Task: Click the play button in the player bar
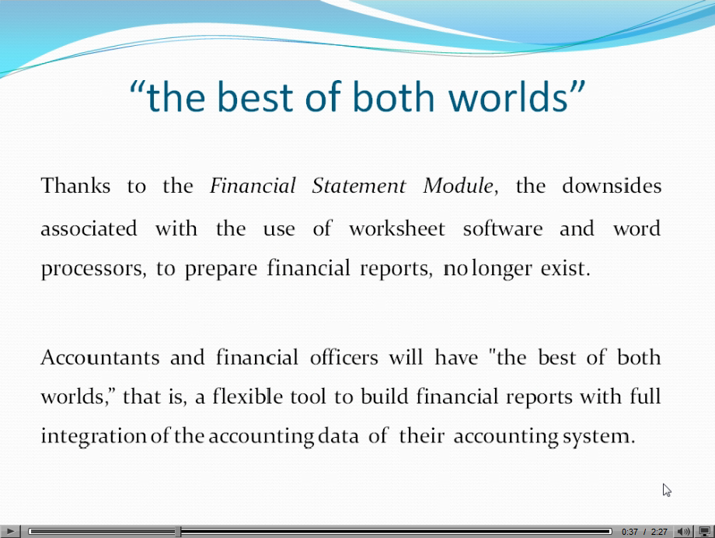[9, 531]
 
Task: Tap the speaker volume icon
[683, 532]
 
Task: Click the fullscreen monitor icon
[705, 532]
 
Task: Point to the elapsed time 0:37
[630, 532]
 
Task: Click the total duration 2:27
[659, 532]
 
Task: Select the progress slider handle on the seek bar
[178, 531]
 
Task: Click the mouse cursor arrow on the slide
[667, 490]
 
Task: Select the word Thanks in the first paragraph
[75, 186]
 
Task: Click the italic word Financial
[253, 186]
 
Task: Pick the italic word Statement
[359, 186]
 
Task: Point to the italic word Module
[459, 186]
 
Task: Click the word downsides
[612, 186]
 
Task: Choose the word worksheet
[396, 228]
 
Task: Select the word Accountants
[100, 357]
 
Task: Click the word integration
[93, 436]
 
